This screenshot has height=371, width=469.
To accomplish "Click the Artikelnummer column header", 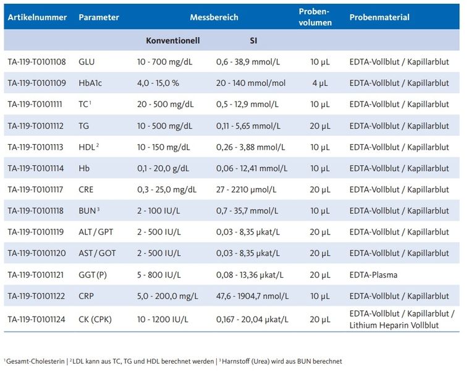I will (37, 17).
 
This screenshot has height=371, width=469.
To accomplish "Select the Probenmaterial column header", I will (379, 17).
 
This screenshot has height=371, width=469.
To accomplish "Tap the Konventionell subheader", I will (172, 41).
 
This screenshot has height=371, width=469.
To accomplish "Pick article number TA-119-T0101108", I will (38, 62).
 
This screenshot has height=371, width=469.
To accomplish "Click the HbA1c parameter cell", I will (90, 83).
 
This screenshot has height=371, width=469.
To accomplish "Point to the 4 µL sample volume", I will (319, 83).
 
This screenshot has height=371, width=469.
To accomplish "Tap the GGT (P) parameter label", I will (93, 275).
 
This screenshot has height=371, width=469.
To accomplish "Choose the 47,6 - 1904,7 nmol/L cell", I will (254, 296).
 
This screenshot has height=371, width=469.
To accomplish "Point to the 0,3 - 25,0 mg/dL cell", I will (167, 190).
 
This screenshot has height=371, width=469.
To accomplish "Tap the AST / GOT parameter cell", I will (96, 254).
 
